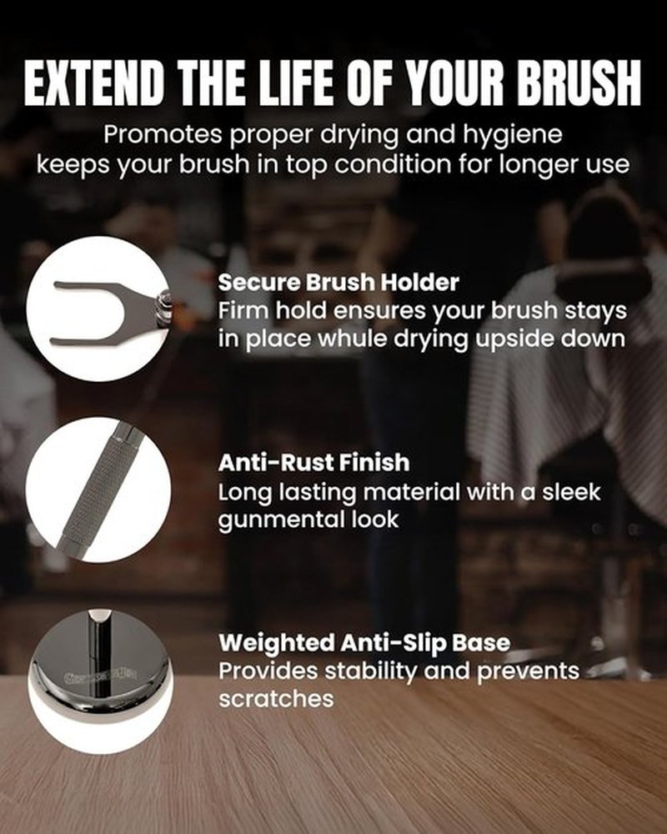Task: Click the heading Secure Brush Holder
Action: pos(339,283)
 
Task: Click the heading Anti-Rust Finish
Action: pos(313,462)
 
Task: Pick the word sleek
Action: pos(571,491)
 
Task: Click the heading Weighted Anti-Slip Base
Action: pos(364,643)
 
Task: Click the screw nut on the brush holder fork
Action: pos(161,308)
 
